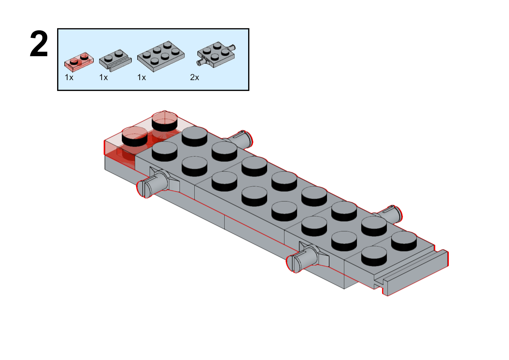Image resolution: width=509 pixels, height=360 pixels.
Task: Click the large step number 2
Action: [x=39, y=44]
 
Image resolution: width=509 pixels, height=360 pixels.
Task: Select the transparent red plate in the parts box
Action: [x=79, y=61]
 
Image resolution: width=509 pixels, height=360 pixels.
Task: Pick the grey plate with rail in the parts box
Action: [x=115, y=60]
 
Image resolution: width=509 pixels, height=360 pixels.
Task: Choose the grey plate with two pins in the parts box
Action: [x=216, y=54]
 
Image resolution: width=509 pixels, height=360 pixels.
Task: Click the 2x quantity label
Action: [x=194, y=78]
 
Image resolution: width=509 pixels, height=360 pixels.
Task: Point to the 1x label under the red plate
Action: [x=69, y=78]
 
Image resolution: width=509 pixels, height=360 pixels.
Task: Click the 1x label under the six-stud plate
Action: [x=141, y=78]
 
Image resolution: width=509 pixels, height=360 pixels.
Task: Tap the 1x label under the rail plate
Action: [x=103, y=78]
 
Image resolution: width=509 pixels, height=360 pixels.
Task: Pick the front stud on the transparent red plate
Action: [x=135, y=136]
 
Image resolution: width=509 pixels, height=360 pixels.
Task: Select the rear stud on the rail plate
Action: [x=404, y=240]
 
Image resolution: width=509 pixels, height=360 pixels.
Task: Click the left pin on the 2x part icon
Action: [x=200, y=63]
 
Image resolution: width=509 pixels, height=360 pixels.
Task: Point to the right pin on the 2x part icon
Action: [x=232, y=47]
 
